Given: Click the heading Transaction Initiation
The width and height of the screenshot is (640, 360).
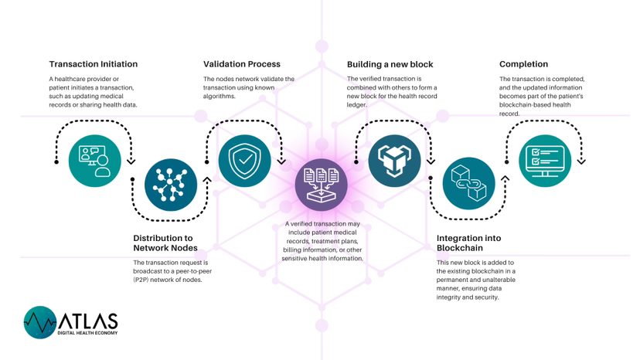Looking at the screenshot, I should pyautogui.click(x=94, y=64).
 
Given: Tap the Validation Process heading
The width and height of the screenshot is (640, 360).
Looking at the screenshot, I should pyautogui.click(x=242, y=64).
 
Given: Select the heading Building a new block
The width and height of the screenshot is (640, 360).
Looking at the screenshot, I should pyautogui.click(x=390, y=64).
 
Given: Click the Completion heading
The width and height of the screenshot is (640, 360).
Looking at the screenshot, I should pyautogui.click(x=523, y=64).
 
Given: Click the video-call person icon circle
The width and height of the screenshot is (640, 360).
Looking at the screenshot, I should pyautogui.click(x=95, y=161).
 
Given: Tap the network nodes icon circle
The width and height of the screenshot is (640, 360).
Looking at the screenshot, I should pyautogui.click(x=171, y=185).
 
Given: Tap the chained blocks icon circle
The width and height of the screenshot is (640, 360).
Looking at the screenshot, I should pyautogui.click(x=468, y=185).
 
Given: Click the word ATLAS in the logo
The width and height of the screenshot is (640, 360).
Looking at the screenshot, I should pyautogui.click(x=88, y=320).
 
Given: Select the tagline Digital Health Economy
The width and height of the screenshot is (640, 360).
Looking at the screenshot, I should pyautogui.click(x=88, y=334).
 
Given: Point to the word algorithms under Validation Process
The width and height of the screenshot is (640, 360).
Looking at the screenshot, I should pyautogui.click(x=220, y=97).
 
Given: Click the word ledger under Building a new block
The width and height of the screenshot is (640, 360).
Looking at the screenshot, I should pyautogui.click(x=357, y=104).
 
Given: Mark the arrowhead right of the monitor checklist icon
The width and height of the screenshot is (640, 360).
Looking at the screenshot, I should pyautogui.click(x=581, y=161).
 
